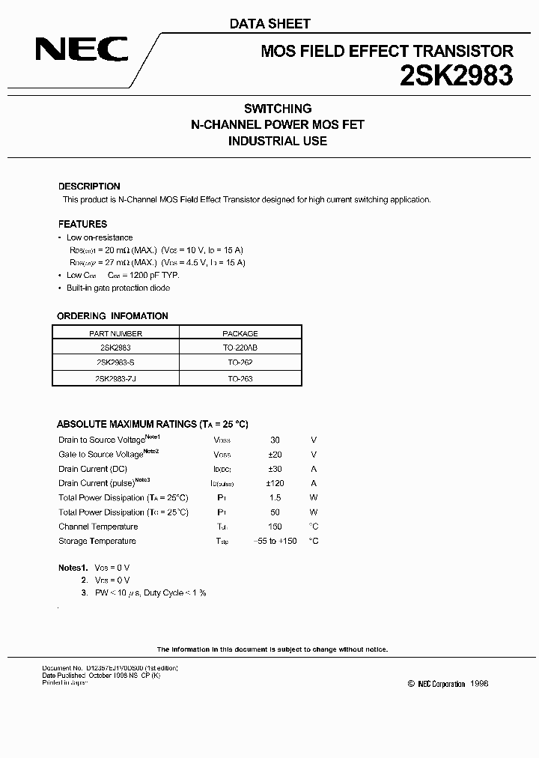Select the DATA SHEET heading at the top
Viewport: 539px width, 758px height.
(x=269, y=24)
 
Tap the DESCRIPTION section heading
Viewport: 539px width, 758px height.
(x=89, y=187)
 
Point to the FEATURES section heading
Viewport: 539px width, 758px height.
(x=82, y=224)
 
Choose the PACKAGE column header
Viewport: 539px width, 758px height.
(x=240, y=333)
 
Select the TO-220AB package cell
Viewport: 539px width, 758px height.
(x=240, y=348)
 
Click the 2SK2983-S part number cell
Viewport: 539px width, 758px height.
(x=117, y=363)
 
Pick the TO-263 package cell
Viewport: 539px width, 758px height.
(x=240, y=378)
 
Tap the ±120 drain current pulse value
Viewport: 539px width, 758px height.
(x=275, y=483)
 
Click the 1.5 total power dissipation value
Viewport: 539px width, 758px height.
(x=275, y=498)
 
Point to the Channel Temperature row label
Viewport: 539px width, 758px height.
(x=98, y=527)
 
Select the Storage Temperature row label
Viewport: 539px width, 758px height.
(x=97, y=541)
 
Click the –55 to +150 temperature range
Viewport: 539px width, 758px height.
(x=275, y=541)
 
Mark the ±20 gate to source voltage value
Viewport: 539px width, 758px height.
(x=275, y=455)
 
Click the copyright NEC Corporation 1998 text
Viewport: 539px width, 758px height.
(x=448, y=684)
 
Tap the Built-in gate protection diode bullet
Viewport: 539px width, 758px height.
(x=118, y=288)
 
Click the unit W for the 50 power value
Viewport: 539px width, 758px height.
(x=314, y=512)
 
